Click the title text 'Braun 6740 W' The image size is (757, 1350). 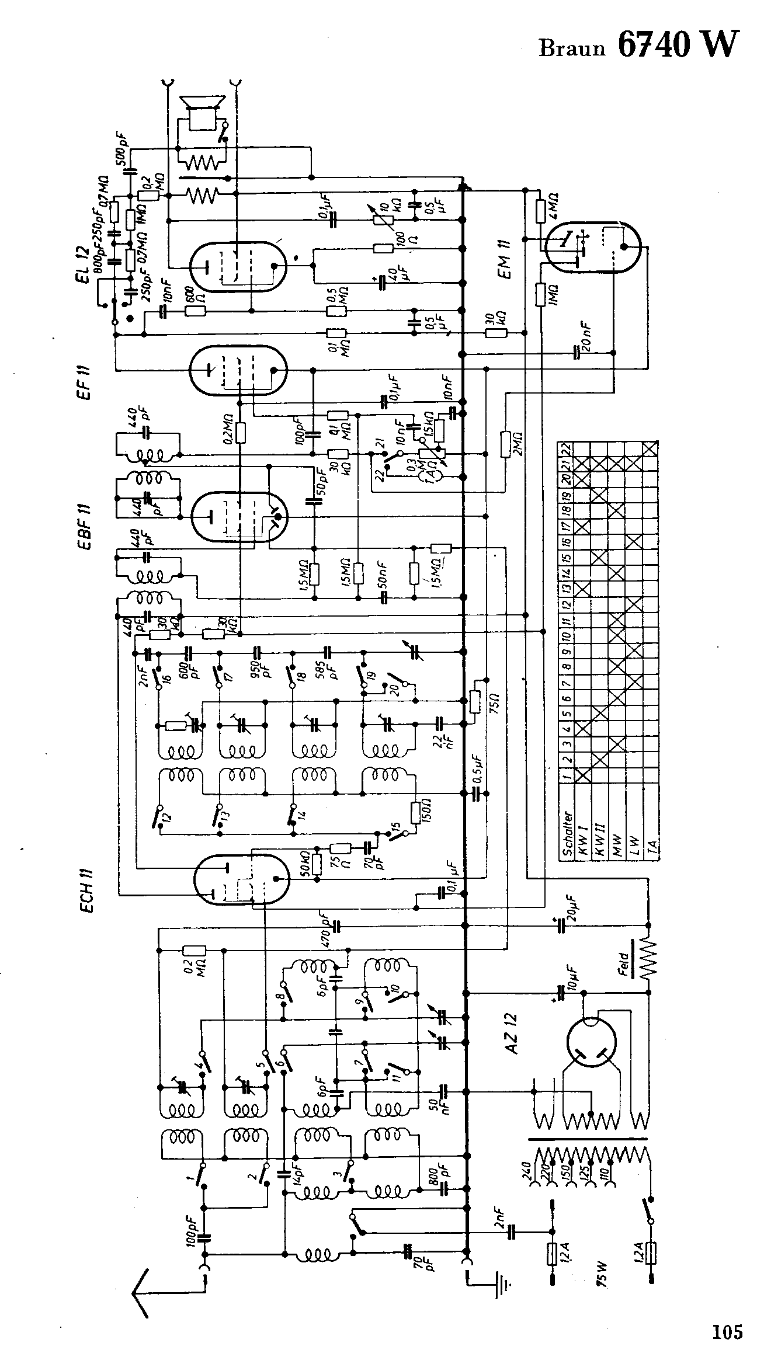point(638,46)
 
